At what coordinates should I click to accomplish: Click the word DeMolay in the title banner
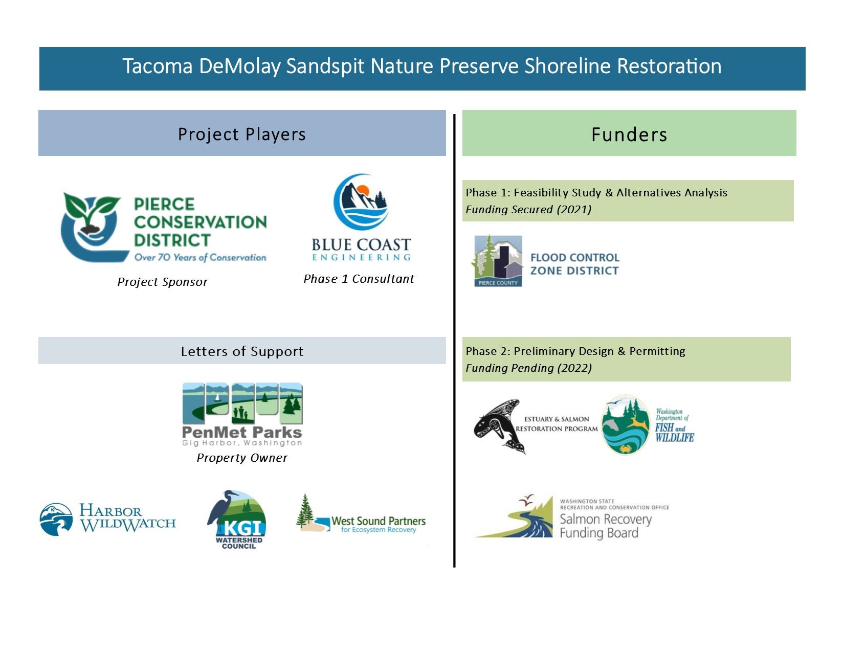point(239,66)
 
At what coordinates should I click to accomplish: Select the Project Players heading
point(241,134)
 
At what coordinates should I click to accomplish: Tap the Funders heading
point(629,134)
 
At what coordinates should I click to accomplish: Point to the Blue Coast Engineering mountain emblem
point(361,201)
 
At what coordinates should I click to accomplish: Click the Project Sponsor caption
point(162,282)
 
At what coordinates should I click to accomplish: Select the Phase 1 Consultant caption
point(359,279)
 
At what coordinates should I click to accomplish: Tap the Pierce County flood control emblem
point(497,261)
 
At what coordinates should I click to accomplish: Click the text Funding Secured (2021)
point(528,210)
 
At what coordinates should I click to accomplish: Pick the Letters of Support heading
point(241,351)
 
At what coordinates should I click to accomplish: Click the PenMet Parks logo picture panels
point(242,403)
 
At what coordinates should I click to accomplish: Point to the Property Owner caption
point(242,458)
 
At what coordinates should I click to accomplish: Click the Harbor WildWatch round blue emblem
point(56,520)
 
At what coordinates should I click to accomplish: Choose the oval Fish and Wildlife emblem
point(625,425)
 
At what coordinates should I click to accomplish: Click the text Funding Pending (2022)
point(528,368)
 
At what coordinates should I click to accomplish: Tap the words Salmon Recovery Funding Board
point(605,526)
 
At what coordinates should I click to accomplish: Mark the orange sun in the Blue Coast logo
point(362,190)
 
